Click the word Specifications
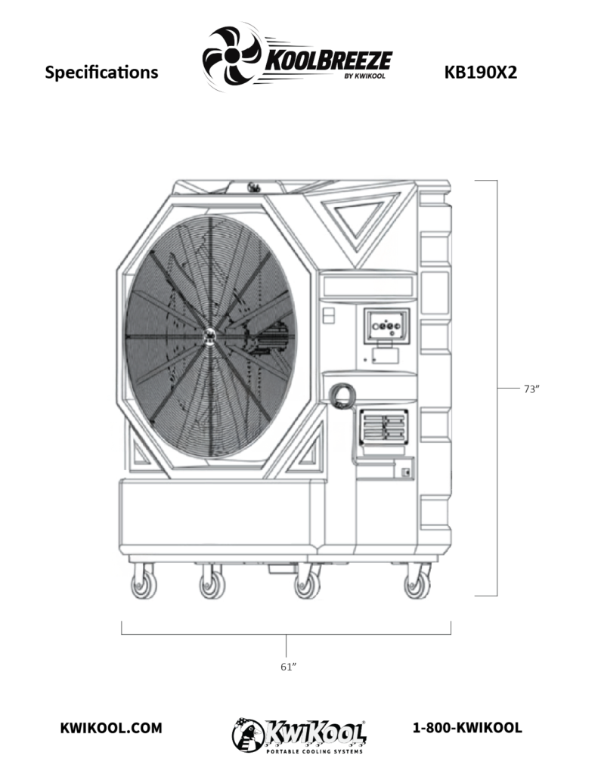point(101,73)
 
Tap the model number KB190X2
point(481,73)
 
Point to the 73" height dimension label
point(531,389)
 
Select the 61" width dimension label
point(288,667)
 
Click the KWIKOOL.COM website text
point(110,728)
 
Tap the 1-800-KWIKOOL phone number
point(467,728)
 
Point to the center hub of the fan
point(210,336)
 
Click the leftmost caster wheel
point(144,586)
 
